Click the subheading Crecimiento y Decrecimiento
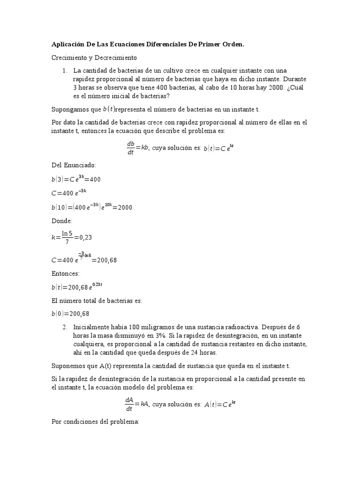pos(94,58)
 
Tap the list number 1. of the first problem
pos(65,70)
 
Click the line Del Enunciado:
pos(74,165)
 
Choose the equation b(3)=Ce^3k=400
pos(76,179)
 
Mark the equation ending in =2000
pos(91,207)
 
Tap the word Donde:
pos(62,221)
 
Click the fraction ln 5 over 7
pos(67,237)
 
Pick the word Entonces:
pos(66,273)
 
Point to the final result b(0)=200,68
pos(70,314)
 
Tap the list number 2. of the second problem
pos(65,327)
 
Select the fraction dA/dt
pos(129,404)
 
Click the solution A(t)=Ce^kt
pos(219,404)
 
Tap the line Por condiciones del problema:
pos(95,422)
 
